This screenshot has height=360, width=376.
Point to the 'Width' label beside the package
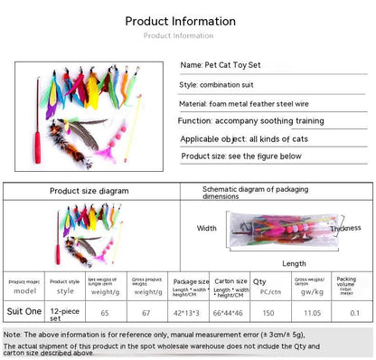click(x=207, y=228)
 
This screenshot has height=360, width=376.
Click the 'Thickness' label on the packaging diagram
click(x=344, y=229)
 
